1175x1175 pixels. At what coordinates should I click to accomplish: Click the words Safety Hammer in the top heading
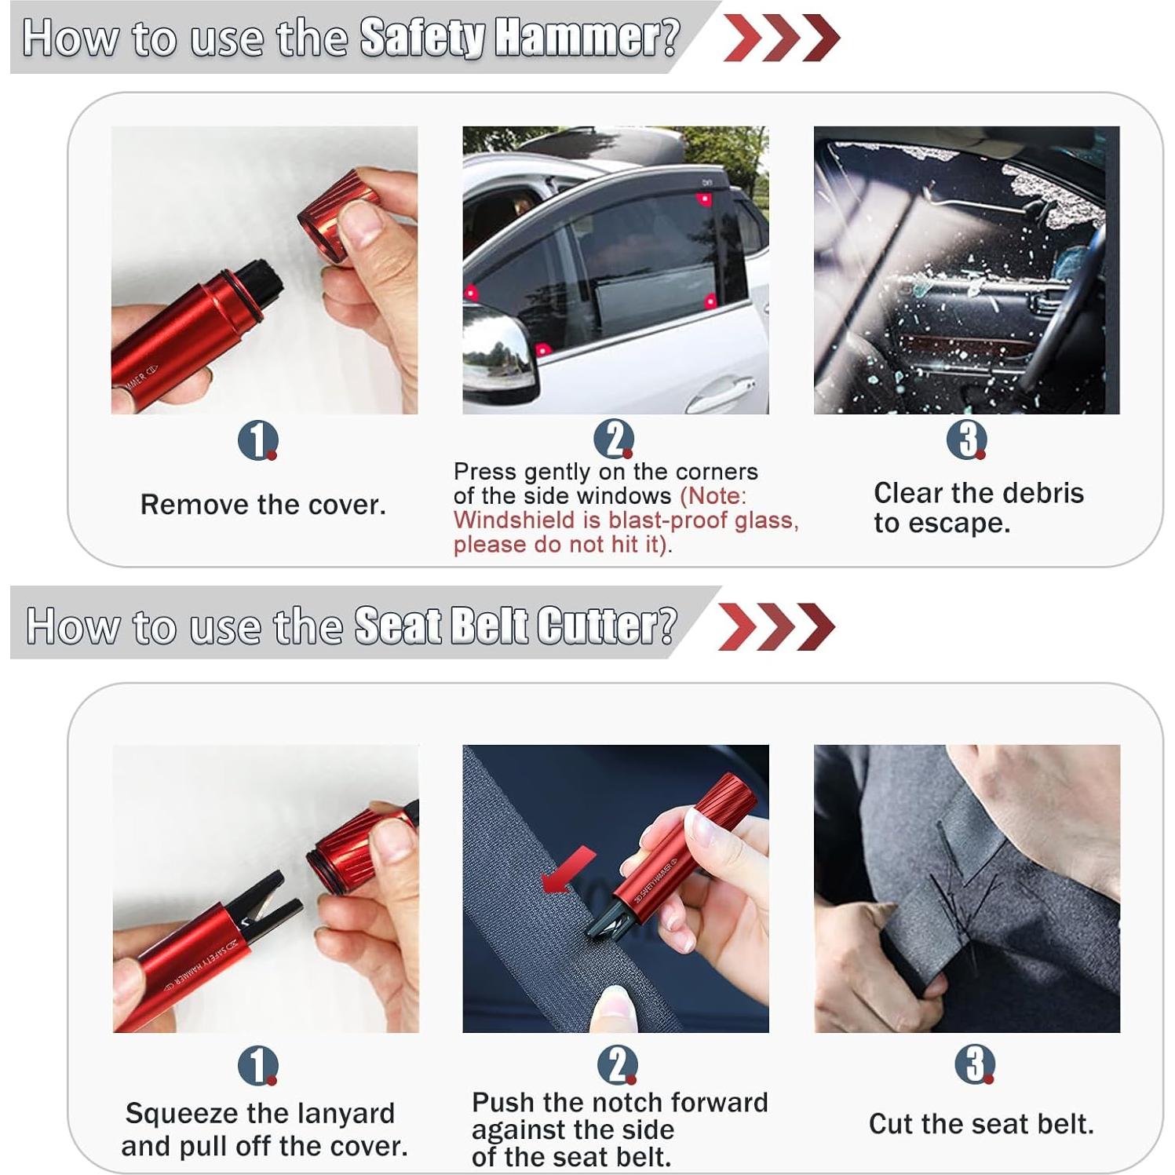click(518, 37)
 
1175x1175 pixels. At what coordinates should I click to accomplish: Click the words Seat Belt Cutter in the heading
click(514, 626)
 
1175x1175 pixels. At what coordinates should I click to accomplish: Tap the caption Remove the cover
click(263, 505)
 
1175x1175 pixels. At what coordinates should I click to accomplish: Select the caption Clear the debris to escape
click(978, 508)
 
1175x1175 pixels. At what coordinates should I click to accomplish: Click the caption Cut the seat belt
click(980, 1124)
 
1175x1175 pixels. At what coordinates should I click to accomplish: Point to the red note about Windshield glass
click(626, 521)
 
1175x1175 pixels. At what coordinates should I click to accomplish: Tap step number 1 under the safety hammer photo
click(257, 440)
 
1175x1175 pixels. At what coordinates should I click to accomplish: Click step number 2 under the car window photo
click(613, 439)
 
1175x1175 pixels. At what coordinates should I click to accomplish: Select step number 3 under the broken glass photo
click(966, 440)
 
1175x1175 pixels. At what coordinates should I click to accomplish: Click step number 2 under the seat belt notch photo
click(616, 1065)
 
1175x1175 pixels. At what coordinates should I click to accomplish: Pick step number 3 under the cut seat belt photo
click(974, 1064)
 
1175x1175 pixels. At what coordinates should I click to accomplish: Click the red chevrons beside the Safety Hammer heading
click(780, 37)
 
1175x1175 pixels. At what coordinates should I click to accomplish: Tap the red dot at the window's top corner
click(705, 199)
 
